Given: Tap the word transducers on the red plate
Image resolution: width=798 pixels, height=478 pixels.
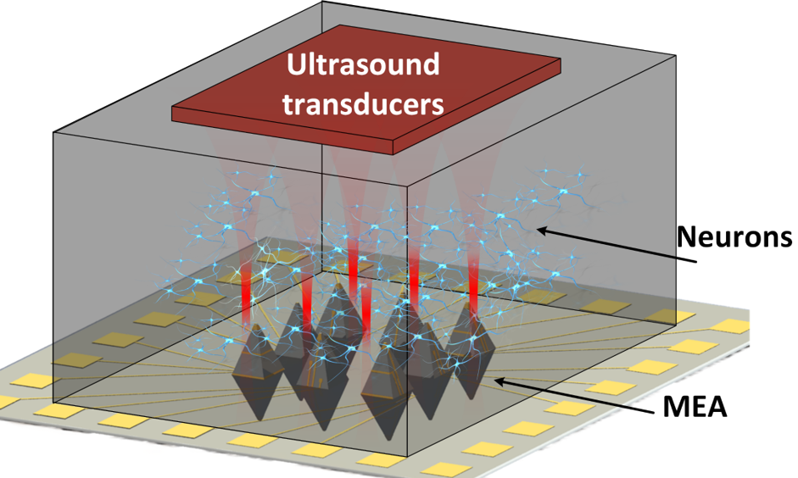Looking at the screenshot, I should [363, 104].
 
